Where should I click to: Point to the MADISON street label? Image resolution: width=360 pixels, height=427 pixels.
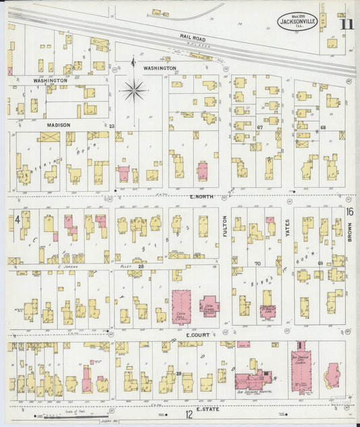(x=59, y=125)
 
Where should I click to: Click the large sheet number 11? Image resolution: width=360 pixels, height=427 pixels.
(x=346, y=25)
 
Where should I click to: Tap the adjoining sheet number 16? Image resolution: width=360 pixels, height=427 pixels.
(x=349, y=211)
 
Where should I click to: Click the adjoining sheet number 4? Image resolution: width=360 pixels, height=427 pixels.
(x=16, y=220)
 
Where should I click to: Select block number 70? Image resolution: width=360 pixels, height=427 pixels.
(x=257, y=263)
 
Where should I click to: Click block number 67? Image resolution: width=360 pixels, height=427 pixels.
(x=259, y=126)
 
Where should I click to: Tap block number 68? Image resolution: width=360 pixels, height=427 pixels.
(x=323, y=127)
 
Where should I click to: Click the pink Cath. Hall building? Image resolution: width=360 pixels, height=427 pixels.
(x=182, y=305)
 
